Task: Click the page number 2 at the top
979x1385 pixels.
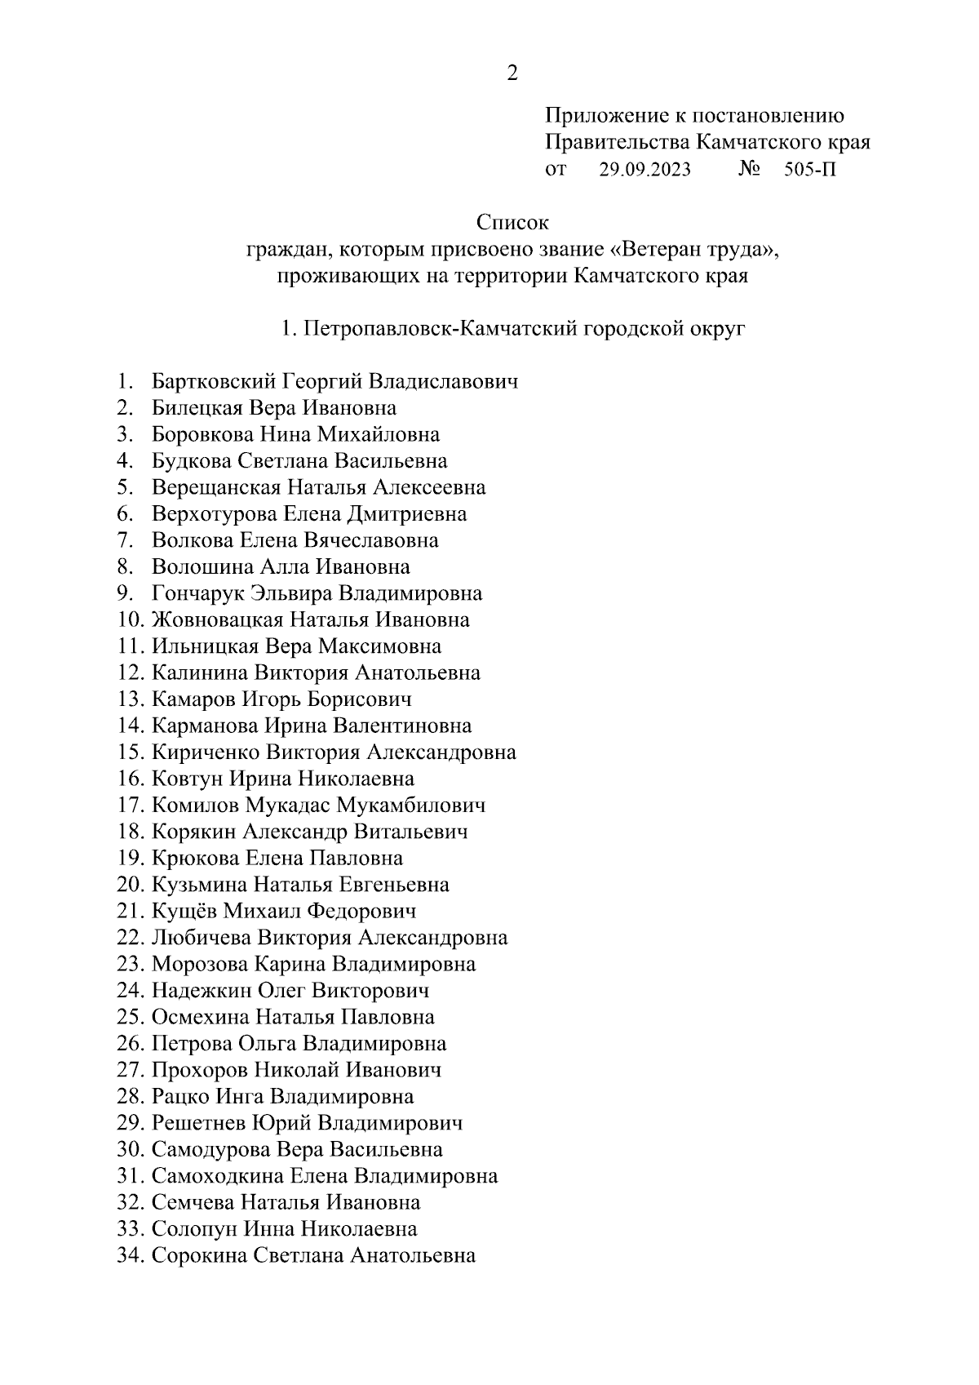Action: click(x=512, y=74)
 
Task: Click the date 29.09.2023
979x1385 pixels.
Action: click(x=645, y=170)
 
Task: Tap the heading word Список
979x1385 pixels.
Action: click(x=512, y=222)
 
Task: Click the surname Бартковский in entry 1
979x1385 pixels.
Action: click(x=214, y=381)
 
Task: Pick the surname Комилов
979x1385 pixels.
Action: click(x=194, y=806)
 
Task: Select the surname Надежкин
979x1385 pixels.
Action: click(x=201, y=991)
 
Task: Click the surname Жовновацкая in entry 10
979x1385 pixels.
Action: click(x=217, y=619)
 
